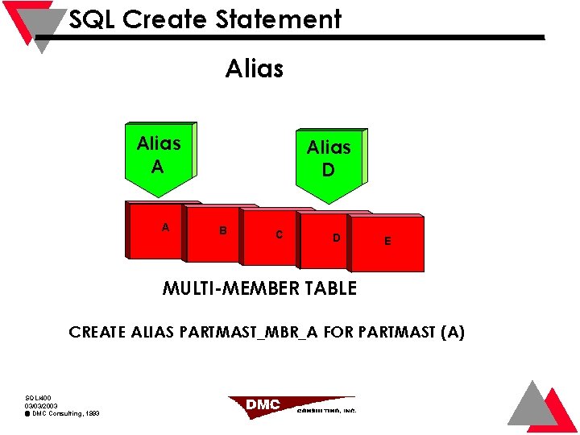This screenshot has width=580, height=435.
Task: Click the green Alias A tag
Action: (159, 156)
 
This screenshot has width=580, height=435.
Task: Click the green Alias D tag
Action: (329, 160)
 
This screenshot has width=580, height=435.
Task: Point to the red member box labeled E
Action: (391, 242)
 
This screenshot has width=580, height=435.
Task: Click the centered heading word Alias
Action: (255, 69)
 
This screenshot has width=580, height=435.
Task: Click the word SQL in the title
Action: (91, 19)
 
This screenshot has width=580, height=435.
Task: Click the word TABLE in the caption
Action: (329, 288)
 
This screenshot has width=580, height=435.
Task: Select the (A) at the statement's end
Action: (452, 332)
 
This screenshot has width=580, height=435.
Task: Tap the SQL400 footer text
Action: (38, 398)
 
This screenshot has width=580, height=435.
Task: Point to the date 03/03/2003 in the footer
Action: (41, 406)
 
